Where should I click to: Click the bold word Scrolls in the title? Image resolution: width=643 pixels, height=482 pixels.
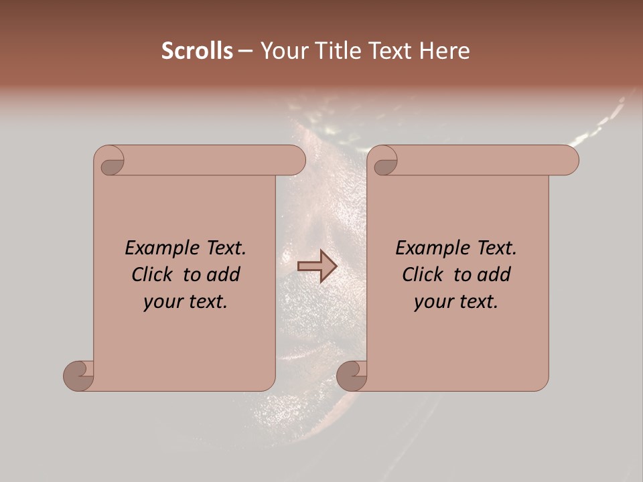pyautogui.click(x=198, y=51)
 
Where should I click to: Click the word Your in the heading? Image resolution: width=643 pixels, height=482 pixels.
pyautogui.click(x=284, y=51)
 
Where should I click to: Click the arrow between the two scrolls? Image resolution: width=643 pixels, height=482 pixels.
pyautogui.click(x=317, y=266)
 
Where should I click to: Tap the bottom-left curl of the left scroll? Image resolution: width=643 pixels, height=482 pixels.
pyautogui.click(x=79, y=376)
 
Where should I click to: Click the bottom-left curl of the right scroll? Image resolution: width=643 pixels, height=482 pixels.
pyautogui.click(x=352, y=376)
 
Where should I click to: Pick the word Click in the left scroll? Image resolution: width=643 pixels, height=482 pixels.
pyautogui.click(x=154, y=274)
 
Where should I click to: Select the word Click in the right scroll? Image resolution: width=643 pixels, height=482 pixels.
pyautogui.click(x=425, y=274)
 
